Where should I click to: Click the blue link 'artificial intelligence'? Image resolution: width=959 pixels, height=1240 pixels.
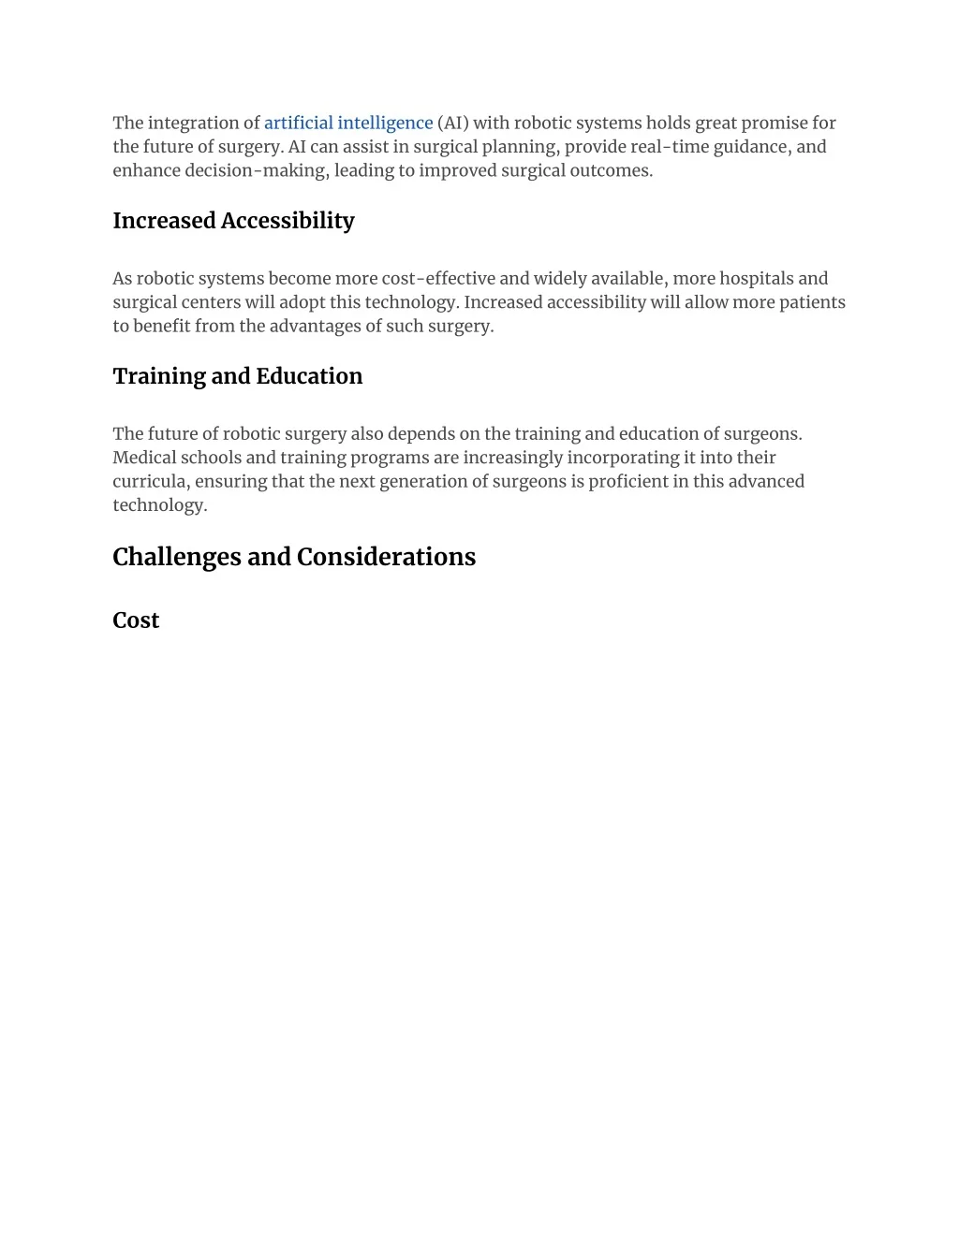point(348,123)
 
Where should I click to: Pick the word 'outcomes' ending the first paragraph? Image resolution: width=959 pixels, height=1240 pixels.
point(612,170)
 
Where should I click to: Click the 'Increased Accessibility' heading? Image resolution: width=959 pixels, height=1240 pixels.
point(233,221)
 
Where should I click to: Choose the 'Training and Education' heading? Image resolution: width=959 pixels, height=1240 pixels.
point(237,376)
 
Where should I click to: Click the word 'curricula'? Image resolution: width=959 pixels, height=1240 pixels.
point(151,481)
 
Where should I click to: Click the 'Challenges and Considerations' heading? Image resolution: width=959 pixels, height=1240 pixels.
point(294,557)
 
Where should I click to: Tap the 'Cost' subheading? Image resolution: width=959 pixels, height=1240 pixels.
point(136,620)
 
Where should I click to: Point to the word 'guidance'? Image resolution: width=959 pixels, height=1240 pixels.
point(751,147)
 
